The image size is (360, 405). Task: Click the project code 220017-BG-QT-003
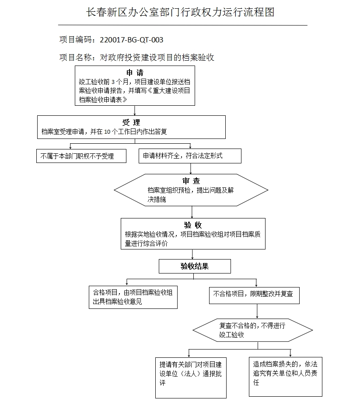(131, 40)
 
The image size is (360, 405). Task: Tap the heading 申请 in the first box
(135, 73)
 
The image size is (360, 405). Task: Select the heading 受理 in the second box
(131, 122)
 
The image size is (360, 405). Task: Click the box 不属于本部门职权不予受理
(81, 156)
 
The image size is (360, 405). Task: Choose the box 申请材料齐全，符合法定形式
(189, 156)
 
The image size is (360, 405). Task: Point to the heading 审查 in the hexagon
(191, 180)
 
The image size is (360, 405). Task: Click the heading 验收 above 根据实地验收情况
(193, 225)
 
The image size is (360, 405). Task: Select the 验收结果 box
(195, 266)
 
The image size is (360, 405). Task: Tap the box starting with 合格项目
(133, 297)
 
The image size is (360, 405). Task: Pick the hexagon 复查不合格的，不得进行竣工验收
(254, 330)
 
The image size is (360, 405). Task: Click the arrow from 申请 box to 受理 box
(135, 110)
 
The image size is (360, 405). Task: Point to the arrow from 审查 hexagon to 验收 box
(192, 212)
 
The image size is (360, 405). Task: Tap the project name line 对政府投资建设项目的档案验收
(157, 57)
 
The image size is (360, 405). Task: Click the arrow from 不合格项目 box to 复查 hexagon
(257, 311)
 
